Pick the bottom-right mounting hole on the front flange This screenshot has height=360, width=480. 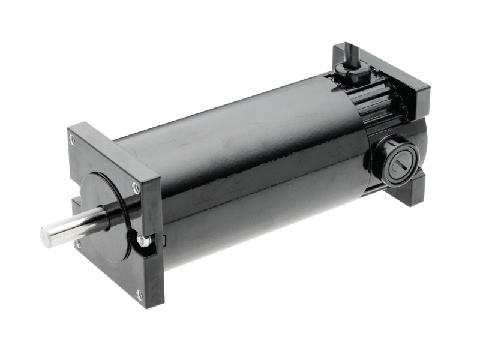pyautogui.click(x=139, y=292)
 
